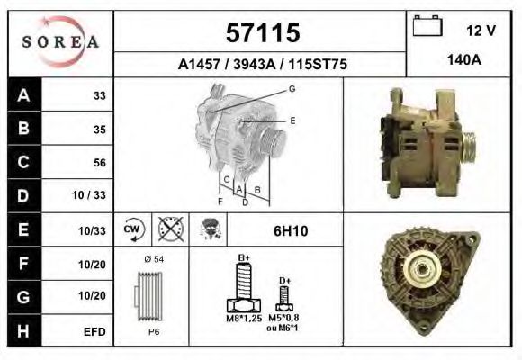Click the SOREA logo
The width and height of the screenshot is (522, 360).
pos(61,42)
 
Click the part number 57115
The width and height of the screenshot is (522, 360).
pos(262,33)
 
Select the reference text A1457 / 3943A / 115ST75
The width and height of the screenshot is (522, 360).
pos(262,65)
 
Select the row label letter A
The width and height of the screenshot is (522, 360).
pos(23,96)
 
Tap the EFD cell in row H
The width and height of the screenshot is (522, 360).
pos(95,330)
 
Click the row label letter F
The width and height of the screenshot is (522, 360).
pos(23,264)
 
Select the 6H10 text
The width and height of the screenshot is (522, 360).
pos(290,231)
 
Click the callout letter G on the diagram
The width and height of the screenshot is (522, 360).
pos(292,88)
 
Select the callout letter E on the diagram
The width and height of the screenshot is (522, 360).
pos(292,120)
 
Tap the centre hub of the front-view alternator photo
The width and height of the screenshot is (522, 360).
pos(419,271)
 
